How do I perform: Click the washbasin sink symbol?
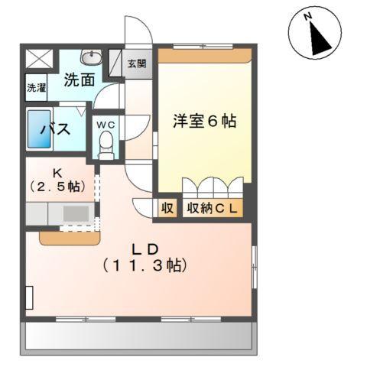point(90,57)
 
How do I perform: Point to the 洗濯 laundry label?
point(36,87)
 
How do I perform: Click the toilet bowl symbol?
point(106,143)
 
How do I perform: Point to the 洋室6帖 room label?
point(203,120)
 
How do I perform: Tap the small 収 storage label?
point(166,209)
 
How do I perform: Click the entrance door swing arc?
point(138,31)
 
